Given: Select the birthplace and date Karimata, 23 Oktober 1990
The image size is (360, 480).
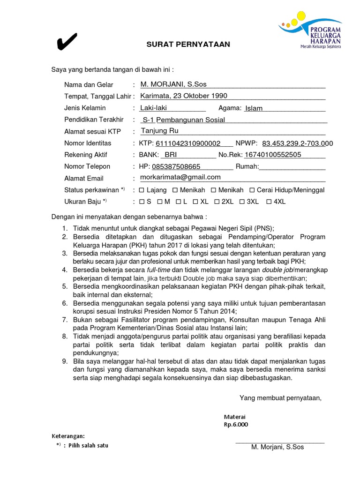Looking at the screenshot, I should (x=184, y=96).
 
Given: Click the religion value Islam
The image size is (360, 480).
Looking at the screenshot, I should (x=254, y=108).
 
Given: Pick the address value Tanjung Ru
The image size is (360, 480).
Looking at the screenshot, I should (x=160, y=131).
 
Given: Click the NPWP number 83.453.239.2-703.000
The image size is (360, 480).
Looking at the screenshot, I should (x=297, y=143).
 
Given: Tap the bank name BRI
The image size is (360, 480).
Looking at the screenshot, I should (x=170, y=155).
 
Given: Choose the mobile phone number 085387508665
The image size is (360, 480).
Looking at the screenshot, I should (x=175, y=166).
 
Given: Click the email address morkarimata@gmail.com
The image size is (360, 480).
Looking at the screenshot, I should (x=181, y=177).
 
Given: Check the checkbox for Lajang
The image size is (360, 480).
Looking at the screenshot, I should (x=142, y=190).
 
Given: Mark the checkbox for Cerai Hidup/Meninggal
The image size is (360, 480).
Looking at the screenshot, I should (x=252, y=190).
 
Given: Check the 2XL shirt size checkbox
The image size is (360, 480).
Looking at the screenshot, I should (x=217, y=202).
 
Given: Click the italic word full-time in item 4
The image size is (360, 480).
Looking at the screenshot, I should (x=158, y=270).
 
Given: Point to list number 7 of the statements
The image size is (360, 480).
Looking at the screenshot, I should (x=65, y=320).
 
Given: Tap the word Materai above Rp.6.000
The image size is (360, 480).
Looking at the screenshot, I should (x=234, y=417).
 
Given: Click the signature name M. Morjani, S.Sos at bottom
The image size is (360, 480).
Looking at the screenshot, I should (x=277, y=447).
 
